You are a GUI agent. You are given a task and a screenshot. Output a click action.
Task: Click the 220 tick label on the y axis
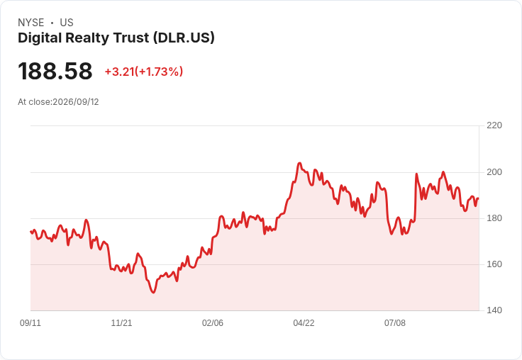coord(494,125)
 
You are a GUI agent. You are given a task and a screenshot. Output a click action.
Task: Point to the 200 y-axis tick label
coord(494,172)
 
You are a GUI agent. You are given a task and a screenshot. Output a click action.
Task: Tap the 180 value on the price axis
coord(494,218)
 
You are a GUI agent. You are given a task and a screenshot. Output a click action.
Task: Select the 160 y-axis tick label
coord(494,264)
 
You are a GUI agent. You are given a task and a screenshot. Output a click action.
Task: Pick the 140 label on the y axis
coord(494,310)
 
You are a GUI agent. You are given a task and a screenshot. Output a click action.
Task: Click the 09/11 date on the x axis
coord(30,322)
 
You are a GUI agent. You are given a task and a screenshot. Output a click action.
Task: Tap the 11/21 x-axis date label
coord(121,322)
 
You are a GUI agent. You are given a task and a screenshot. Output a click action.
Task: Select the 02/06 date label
coord(213,322)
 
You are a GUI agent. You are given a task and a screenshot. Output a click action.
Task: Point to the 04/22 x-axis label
coord(304,322)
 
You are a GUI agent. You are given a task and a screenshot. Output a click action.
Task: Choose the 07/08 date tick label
coord(395,322)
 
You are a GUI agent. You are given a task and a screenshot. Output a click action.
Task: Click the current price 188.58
coord(55,71)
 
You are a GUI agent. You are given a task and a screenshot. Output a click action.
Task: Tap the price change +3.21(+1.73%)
coord(144,72)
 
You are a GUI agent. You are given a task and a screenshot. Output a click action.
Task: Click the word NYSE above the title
coord(31,23)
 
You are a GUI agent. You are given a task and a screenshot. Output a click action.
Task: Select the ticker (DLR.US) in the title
coord(184,38)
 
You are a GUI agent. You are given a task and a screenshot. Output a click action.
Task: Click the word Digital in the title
coord(40,38)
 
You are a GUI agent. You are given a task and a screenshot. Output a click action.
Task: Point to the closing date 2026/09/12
coord(76,102)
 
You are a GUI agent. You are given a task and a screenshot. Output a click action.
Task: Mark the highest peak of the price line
coord(299,163)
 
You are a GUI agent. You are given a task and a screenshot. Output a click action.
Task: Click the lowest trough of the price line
coord(153,293)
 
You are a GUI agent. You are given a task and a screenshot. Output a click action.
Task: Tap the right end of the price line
coord(479,198)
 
